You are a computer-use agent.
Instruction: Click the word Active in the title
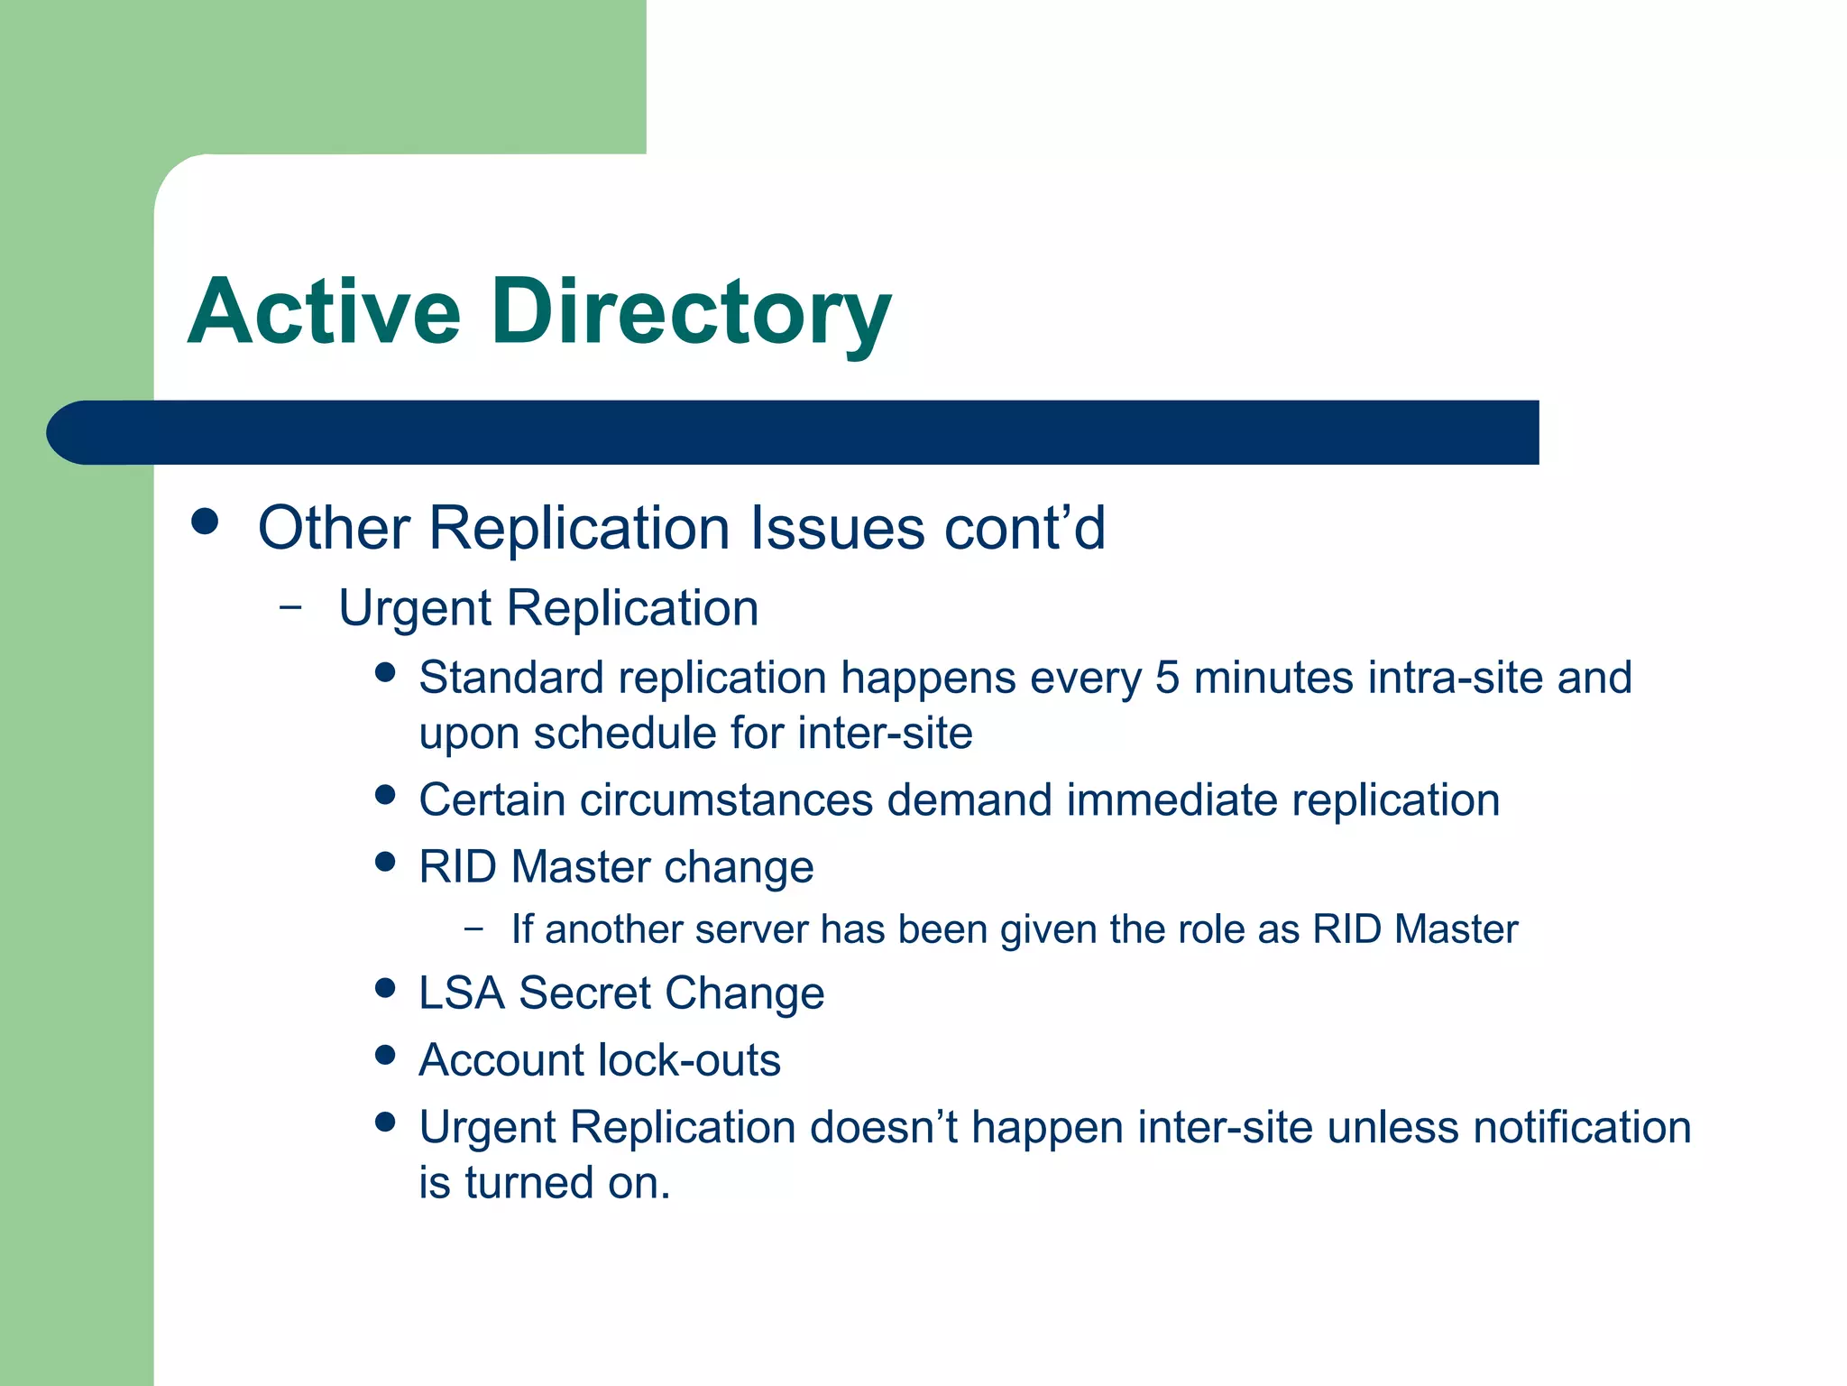point(325,311)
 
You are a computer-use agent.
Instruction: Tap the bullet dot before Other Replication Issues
point(206,522)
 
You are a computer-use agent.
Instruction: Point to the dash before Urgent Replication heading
point(290,607)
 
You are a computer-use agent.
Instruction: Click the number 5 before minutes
point(1167,678)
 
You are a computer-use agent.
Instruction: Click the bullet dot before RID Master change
point(386,862)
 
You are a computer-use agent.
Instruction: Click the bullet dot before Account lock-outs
point(386,1055)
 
